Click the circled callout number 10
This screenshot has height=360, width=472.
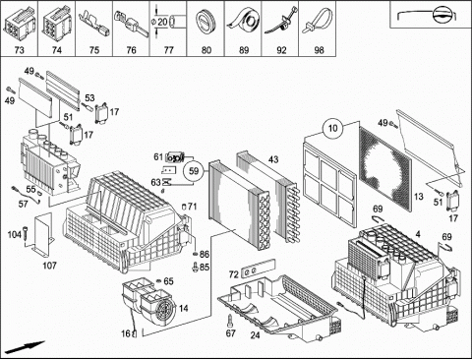(x=332, y=128)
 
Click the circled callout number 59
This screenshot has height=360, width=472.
(x=194, y=171)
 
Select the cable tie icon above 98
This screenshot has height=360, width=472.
(x=319, y=21)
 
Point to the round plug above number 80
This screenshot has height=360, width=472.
(x=206, y=22)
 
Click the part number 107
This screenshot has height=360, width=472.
(x=49, y=266)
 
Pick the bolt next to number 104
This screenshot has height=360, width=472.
(x=26, y=235)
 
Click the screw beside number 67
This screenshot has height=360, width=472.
(x=230, y=321)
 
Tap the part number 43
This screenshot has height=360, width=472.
(x=273, y=159)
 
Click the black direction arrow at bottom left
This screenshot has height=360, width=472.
(x=25, y=347)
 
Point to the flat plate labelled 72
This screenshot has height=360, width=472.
(x=258, y=269)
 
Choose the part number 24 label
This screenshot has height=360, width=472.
(x=255, y=335)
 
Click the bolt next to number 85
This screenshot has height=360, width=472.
(x=196, y=267)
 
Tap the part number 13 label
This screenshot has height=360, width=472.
(x=419, y=197)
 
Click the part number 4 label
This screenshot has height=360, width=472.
(x=418, y=234)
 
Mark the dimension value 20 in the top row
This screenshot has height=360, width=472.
(x=162, y=23)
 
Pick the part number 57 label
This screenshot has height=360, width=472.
(x=23, y=204)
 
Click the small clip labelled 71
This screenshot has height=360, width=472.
(x=184, y=207)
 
